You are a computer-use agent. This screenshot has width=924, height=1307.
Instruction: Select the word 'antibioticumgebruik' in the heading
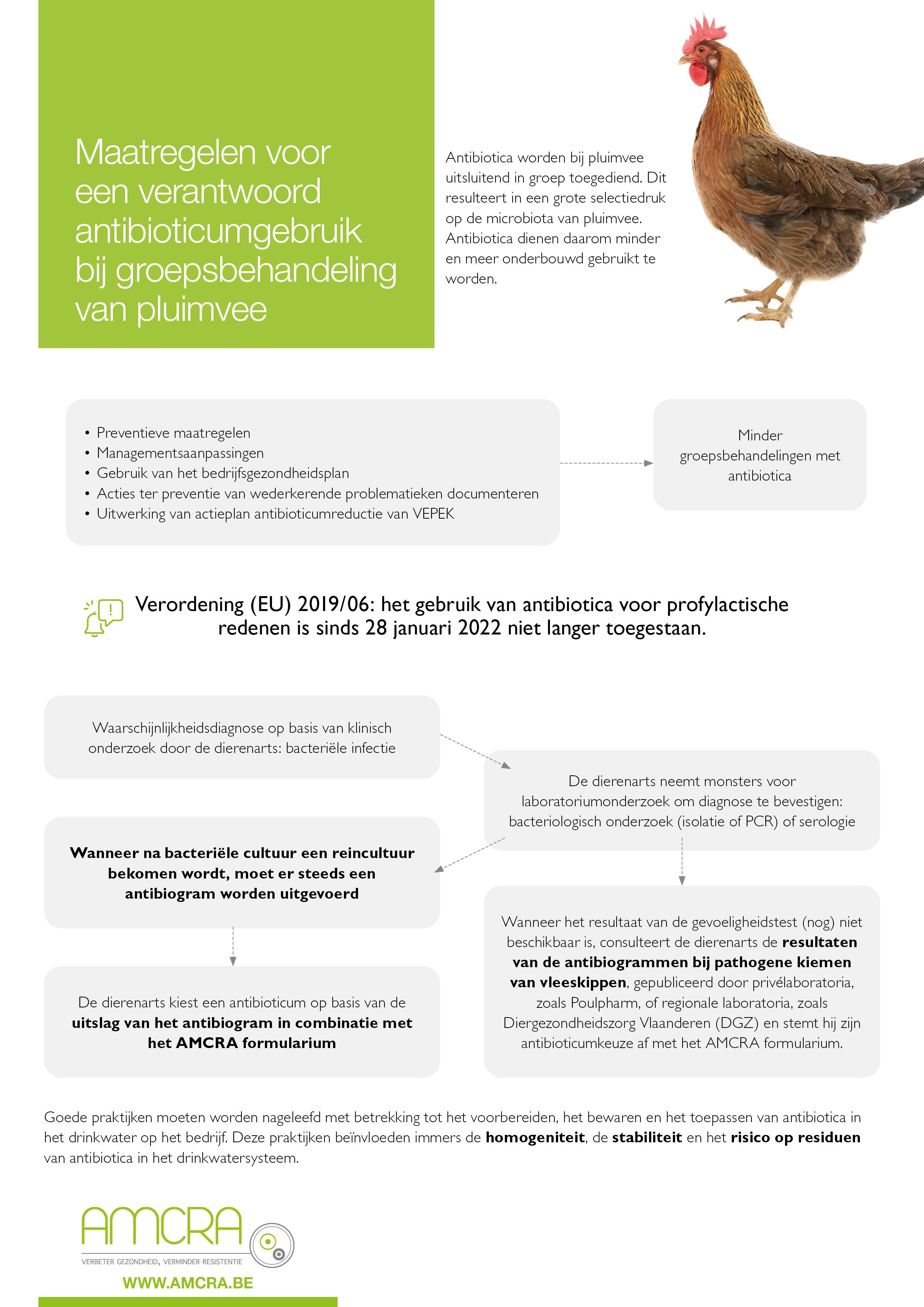point(218,232)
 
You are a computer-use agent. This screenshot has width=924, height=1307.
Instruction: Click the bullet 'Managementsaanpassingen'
point(180,453)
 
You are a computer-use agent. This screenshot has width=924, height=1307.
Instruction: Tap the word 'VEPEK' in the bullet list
point(433,514)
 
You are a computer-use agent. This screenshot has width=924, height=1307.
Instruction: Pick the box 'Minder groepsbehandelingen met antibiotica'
point(759,455)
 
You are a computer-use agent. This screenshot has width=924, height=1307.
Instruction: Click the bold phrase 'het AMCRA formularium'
point(241,1043)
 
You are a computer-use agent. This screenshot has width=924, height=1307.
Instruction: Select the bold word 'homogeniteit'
point(535,1137)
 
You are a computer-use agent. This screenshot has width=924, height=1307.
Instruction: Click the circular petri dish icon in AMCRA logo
point(272,1245)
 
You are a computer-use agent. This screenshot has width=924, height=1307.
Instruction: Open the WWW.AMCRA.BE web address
point(188,1283)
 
